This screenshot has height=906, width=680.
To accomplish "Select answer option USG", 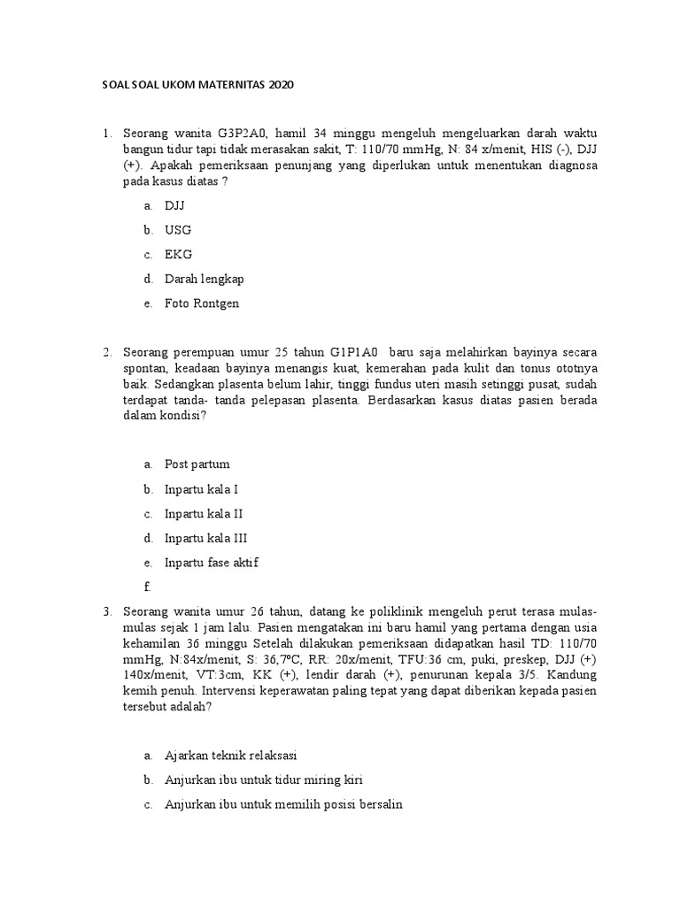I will click(177, 230).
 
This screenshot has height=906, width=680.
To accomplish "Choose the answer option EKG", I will click(178, 254).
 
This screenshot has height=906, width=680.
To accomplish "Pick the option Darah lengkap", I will click(204, 279).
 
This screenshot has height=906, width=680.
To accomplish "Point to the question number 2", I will click(106, 352).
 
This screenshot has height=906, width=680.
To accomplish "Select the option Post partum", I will click(197, 464).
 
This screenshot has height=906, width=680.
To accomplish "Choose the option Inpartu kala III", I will click(205, 538).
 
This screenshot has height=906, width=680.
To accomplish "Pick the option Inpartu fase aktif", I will click(211, 563).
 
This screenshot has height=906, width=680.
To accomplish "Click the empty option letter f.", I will click(147, 587).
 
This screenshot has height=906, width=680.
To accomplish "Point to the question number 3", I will click(106, 611).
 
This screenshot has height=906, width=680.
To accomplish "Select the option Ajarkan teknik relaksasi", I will click(231, 756).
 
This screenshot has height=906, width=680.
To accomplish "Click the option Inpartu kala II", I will click(204, 513).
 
